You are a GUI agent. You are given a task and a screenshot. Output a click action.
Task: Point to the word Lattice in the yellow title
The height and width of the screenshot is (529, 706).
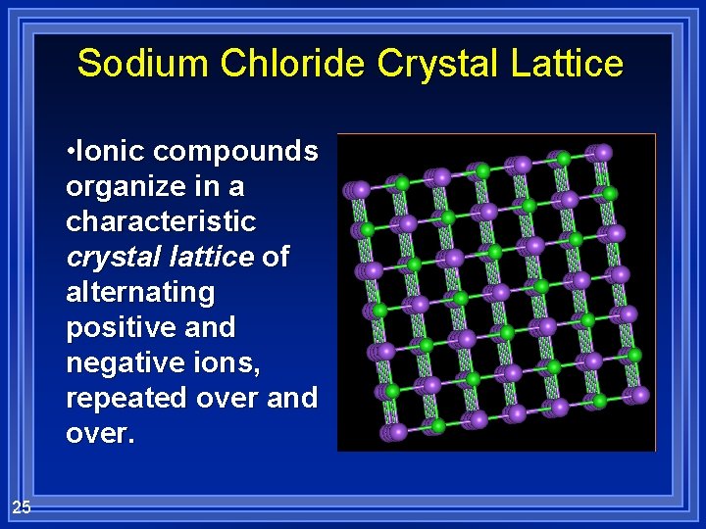pos(567,64)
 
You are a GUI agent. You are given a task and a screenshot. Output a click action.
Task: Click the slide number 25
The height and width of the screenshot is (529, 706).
pos(22,506)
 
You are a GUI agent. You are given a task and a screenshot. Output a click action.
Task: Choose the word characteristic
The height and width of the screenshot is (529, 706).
pos(161,221)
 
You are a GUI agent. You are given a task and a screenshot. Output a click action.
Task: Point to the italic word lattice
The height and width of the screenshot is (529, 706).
pos(211,257)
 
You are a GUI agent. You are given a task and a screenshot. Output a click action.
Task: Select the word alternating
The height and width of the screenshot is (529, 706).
pos(140,292)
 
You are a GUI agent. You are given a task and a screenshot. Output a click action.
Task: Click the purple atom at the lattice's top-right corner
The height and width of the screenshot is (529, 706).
pos(603,153)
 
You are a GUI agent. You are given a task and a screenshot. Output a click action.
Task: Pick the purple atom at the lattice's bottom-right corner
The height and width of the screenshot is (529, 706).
pos(640,395)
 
